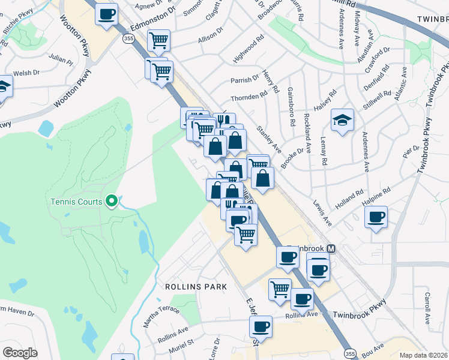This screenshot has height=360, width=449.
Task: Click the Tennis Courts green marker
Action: (111, 202)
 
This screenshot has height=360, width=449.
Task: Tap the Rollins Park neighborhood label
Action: (196, 287)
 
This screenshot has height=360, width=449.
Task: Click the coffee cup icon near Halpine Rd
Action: (376, 217)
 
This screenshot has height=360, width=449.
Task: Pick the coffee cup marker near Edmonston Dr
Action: (107, 14)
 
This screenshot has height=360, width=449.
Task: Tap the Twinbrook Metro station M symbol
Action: (331, 248)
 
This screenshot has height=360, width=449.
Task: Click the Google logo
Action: (20, 353)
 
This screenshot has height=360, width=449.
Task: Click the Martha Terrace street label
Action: (160, 310)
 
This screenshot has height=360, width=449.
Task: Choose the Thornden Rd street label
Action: (249, 97)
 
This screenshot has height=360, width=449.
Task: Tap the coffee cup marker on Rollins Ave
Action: (261, 326)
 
